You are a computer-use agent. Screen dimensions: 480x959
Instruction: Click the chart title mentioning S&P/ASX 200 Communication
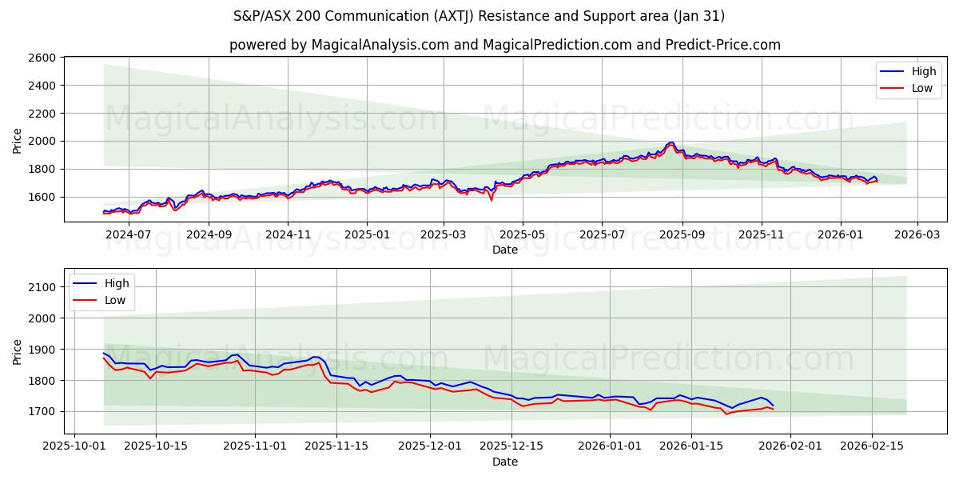click(x=479, y=16)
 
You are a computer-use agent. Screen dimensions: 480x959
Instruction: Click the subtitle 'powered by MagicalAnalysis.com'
click(x=339, y=45)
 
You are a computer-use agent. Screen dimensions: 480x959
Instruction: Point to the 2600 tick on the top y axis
click(x=42, y=58)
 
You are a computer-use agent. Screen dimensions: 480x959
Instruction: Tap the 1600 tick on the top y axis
click(x=42, y=197)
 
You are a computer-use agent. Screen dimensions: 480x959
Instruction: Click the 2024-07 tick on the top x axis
click(x=129, y=234)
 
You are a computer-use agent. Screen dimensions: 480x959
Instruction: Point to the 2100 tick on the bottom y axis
click(x=42, y=287)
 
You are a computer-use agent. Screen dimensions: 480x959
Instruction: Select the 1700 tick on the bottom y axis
click(x=42, y=411)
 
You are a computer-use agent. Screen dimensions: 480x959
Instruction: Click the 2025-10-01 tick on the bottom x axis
click(x=74, y=446)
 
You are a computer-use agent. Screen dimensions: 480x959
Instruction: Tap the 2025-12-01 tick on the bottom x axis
click(x=430, y=446)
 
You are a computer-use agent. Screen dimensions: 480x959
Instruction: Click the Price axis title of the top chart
click(x=18, y=140)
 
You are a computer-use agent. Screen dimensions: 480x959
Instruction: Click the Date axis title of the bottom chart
click(x=504, y=462)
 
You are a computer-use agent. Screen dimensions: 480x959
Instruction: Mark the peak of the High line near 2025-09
click(x=671, y=142)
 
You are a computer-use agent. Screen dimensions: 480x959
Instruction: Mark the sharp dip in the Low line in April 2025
click(x=491, y=200)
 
